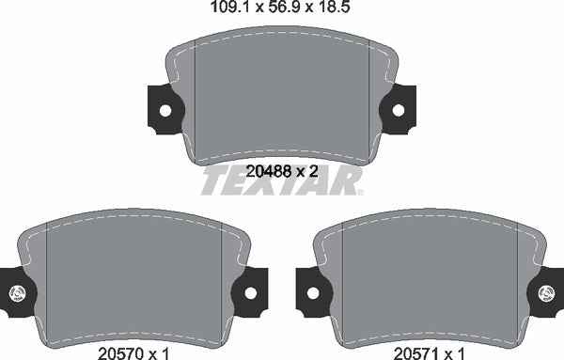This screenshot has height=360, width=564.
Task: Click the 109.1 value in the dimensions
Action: click(223, 11)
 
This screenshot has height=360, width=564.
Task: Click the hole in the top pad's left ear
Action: click(164, 109)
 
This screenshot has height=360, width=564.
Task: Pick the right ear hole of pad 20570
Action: click(250, 292)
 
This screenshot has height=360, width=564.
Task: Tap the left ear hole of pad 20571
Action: click(313, 292)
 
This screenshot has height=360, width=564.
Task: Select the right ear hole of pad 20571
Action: click(548, 292)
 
